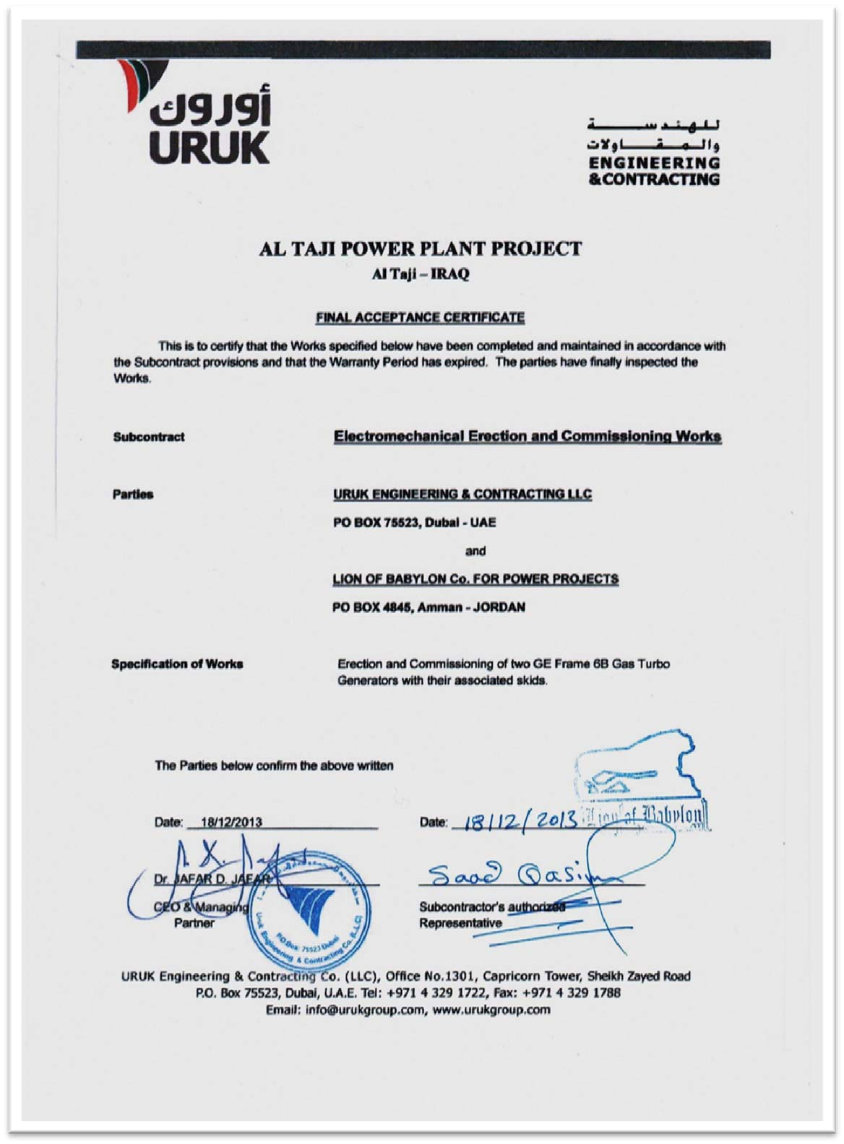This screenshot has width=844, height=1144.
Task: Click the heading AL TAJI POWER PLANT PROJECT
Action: coord(421,249)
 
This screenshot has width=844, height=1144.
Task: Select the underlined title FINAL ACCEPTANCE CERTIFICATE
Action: coord(421,317)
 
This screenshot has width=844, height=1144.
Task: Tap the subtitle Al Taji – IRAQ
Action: coord(421,274)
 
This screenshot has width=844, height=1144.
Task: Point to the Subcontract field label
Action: coord(149,437)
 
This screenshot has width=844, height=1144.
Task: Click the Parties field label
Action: coord(133,495)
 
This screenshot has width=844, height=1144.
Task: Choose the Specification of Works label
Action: coord(177,664)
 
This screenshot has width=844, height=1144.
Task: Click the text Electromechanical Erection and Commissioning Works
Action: coord(527,436)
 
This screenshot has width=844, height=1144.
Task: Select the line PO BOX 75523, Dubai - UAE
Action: coord(415,522)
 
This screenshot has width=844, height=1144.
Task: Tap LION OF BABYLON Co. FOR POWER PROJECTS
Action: coord(475,578)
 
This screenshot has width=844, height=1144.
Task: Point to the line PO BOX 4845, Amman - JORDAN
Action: coord(429,607)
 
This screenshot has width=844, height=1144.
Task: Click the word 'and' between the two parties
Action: coord(475,551)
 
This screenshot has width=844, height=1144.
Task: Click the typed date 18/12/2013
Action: coord(231,822)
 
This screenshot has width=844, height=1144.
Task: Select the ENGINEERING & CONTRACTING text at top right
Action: coord(655,170)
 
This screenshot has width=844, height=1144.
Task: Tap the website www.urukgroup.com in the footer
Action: coord(491,1010)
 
